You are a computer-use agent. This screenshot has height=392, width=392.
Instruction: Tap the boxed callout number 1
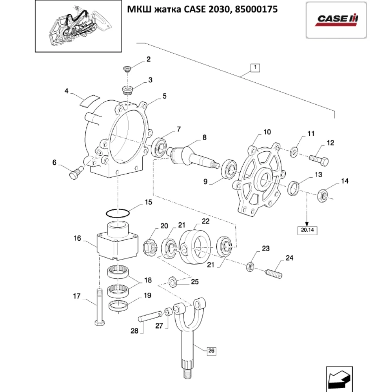pos(254,68)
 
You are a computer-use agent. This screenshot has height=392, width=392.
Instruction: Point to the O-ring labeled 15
pos(117,213)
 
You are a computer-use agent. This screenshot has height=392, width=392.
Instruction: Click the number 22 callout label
pos(205,221)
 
